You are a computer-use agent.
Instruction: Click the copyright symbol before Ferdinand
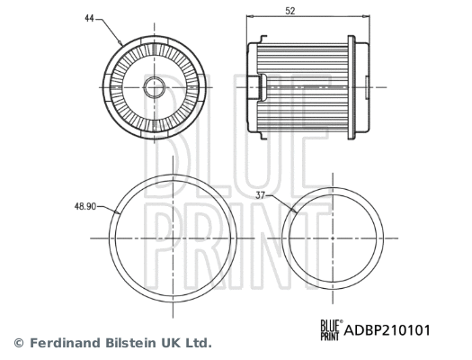(x=19, y=343)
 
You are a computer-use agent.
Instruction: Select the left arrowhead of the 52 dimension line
(x=249, y=17)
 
